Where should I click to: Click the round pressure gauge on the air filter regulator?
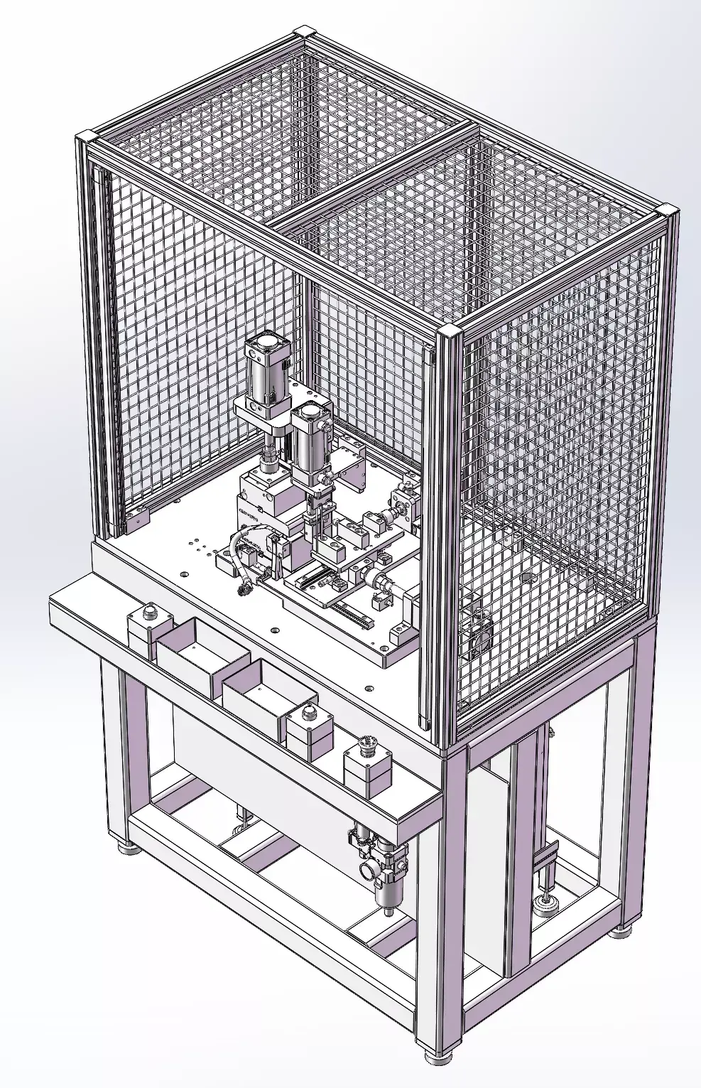369,869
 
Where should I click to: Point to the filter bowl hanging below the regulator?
388,897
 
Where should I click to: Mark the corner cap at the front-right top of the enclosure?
447,332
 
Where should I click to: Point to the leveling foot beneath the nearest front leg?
438,1056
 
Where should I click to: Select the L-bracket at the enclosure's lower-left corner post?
136,520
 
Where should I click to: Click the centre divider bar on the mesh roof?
373,175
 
